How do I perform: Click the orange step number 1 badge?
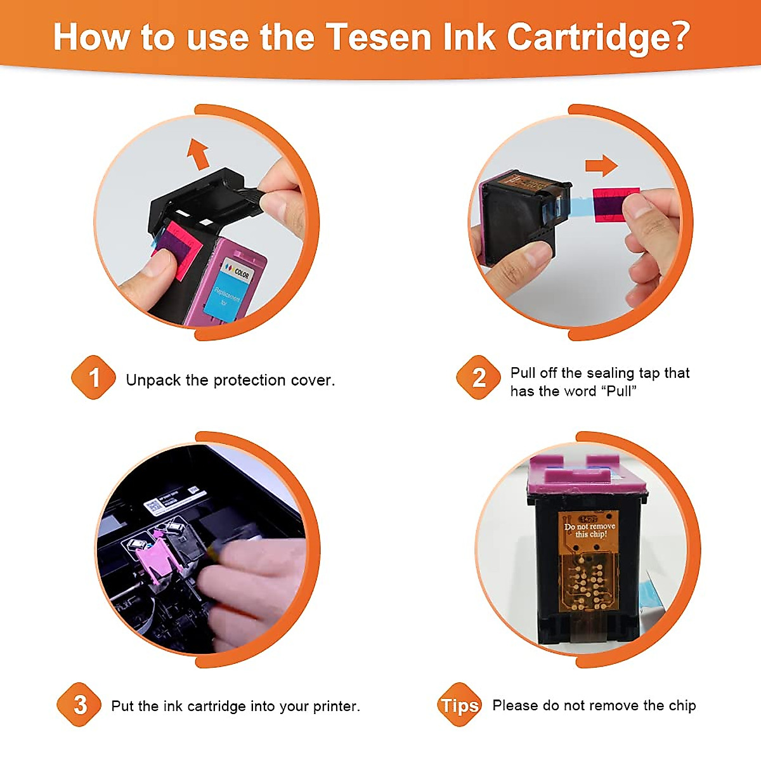pyautogui.click(x=93, y=378)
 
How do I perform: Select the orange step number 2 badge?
pyautogui.click(x=479, y=378)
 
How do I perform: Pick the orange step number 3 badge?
pyautogui.click(x=79, y=705)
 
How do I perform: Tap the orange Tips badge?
pyautogui.click(x=460, y=705)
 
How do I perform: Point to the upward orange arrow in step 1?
pyautogui.click(x=198, y=154)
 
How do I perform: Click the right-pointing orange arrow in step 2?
pyautogui.click(x=601, y=166)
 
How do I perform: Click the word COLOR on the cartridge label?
pyautogui.click(x=241, y=273)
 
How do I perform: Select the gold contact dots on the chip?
pyautogui.click(x=587, y=583)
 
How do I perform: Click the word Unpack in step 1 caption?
pyautogui.click(x=153, y=380)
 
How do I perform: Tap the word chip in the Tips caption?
pyautogui.click(x=682, y=705)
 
